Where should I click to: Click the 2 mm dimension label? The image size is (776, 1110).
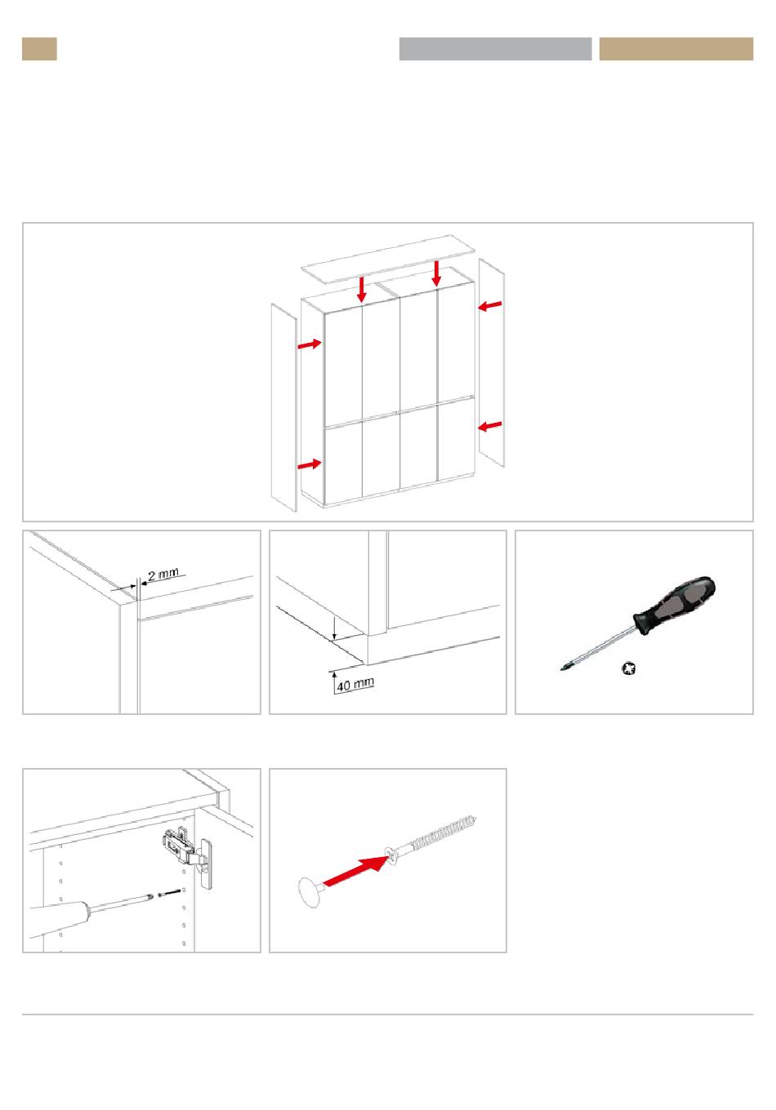point(163,575)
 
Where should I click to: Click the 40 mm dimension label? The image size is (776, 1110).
point(355,684)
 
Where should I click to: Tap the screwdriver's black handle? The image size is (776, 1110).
point(675,606)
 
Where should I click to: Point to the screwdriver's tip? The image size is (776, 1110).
point(562,669)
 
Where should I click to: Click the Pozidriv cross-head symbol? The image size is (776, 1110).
point(629,669)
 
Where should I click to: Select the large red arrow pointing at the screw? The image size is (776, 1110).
point(356,871)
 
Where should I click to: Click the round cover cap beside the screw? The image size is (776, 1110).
point(310,891)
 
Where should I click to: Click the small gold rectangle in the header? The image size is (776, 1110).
point(39,49)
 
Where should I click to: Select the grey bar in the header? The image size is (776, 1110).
point(495,49)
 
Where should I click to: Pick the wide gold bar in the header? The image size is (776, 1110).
point(676,49)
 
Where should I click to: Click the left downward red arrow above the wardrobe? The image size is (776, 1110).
point(362,290)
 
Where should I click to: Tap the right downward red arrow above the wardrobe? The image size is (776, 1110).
point(436,273)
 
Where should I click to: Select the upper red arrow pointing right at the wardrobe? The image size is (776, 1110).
point(310,344)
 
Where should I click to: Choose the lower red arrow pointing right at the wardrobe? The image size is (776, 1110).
point(310,464)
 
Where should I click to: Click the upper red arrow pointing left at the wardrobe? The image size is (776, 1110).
point(490,306)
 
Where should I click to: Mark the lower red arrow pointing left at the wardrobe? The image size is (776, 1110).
point(490,426)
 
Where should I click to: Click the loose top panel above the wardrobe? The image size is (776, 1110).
point(388,260)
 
